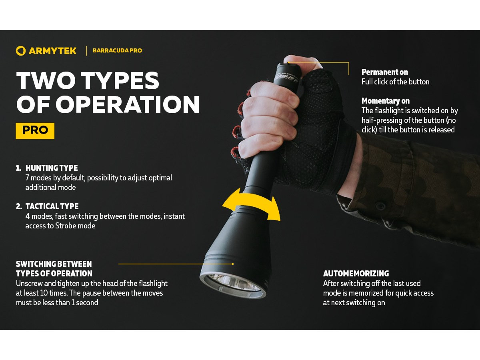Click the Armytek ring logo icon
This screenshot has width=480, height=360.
click(21, 51)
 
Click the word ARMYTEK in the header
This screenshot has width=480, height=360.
click(52, 51)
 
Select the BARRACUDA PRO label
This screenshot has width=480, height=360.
click(117, 51)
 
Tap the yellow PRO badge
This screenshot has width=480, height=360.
click(35, 130)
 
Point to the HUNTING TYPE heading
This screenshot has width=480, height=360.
click(52, 168)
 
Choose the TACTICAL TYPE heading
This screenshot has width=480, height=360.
click(52, 206)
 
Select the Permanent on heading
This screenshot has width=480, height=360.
click(384, 72)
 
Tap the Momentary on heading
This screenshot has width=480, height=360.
click(385, 101)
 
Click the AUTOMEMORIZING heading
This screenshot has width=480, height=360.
click(356, 274)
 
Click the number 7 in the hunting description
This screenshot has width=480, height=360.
click(28, 178)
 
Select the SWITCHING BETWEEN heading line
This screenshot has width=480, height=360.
click(54, 264)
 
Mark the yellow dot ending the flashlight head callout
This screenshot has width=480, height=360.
click(233, 264)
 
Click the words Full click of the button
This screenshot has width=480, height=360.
click(395, 82)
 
